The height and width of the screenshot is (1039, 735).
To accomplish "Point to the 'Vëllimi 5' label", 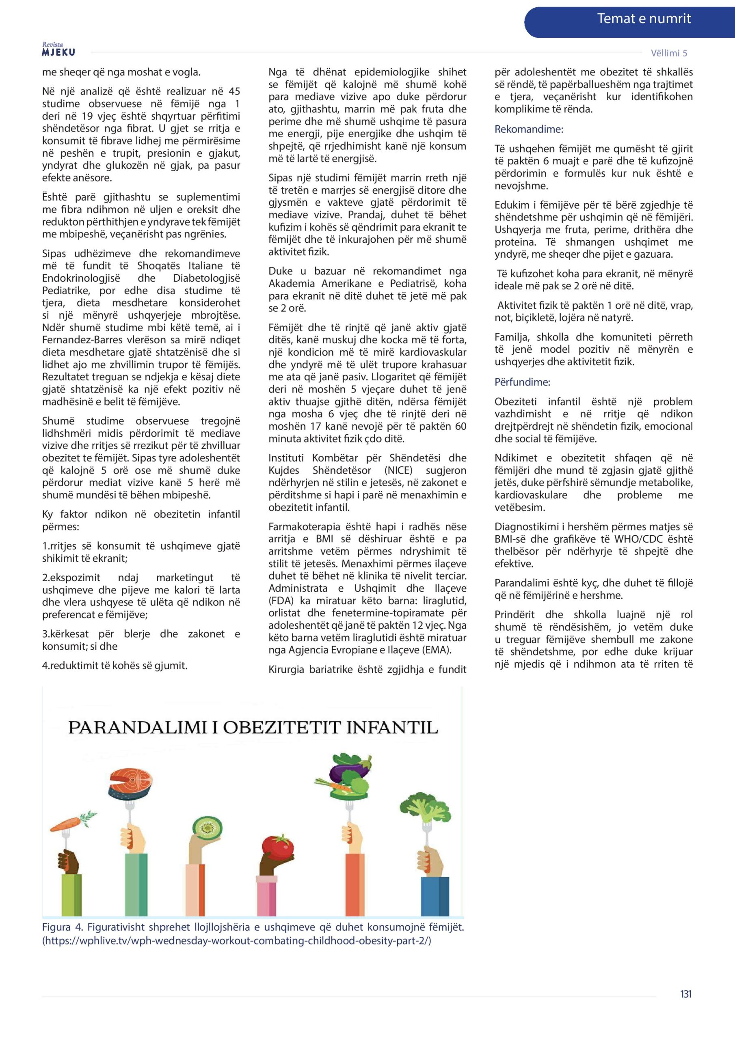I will (668, 53).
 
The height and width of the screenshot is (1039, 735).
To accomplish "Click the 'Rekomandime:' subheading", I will (528, 129).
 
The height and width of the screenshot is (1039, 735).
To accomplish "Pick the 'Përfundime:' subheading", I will (522, 382).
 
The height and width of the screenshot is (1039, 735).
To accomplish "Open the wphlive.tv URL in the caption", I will (236, 941).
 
